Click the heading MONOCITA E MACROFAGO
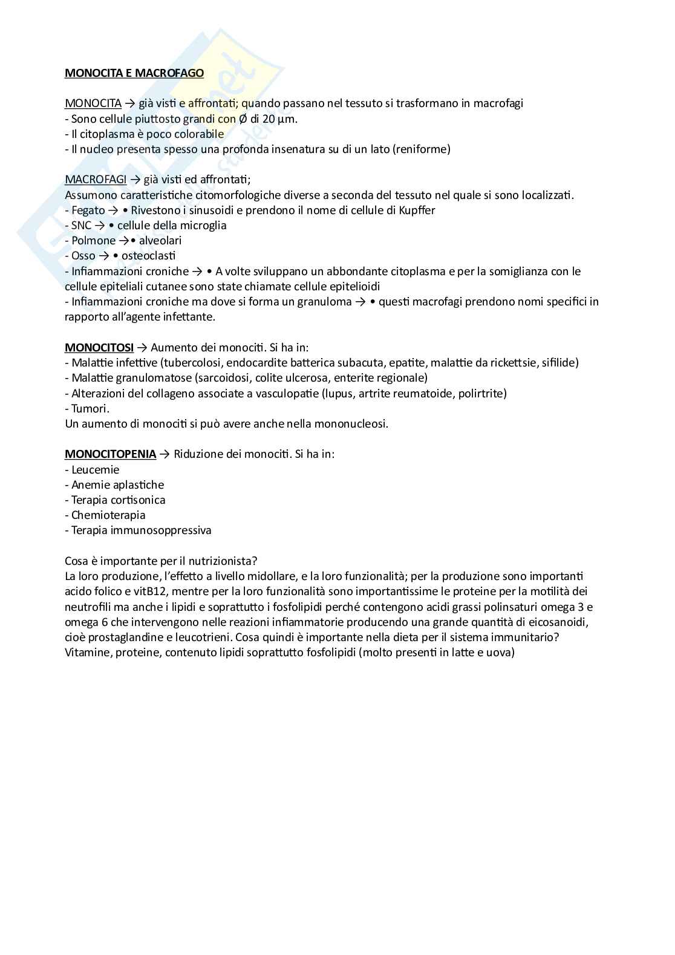(134, 73)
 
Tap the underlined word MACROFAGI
(95, 180)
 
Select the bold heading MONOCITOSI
(99, 348)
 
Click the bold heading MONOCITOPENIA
(110, 454)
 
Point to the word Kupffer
(417, 210)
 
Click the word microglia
(202, 226)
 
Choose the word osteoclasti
(148, 256)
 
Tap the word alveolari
(160, 241)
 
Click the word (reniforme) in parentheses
(422, 149)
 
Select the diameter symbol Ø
(243, 119)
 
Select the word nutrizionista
(227, 561)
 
